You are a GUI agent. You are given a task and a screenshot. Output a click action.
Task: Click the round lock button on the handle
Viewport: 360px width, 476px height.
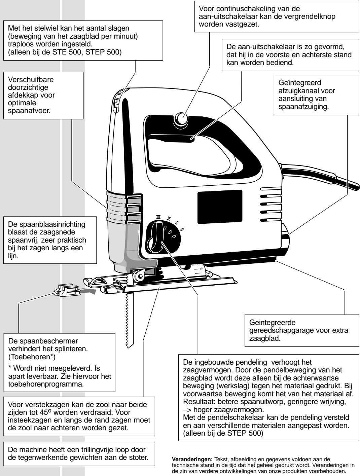182,118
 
